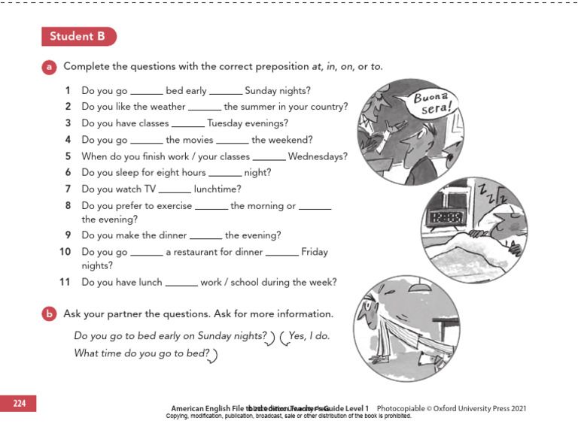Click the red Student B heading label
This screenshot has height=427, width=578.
coord(78,36)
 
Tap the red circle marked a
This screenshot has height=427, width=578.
coord(49,67)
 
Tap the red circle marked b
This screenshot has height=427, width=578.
coord(49,313)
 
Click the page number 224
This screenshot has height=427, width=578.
coord(19,404)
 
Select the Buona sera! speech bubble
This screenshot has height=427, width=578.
coord(434,101)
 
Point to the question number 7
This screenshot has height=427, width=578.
coord(68,189)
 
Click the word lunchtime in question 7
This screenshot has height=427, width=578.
coord(218,189)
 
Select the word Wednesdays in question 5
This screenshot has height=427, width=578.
coord(317,156)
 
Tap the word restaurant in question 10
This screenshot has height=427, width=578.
coord(196,252)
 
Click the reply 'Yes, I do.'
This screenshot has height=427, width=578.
coord(309,336)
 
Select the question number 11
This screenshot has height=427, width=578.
coord(65,283)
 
